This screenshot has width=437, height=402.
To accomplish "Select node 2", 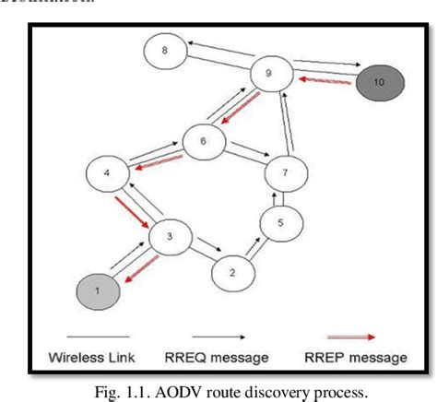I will point(231,273).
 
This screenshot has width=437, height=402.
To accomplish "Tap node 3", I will point(170,237).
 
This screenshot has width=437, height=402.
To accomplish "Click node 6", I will point(204,141).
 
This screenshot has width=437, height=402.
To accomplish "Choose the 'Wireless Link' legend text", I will point(91,357).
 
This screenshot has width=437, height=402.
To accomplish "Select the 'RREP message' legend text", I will point(356,357).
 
